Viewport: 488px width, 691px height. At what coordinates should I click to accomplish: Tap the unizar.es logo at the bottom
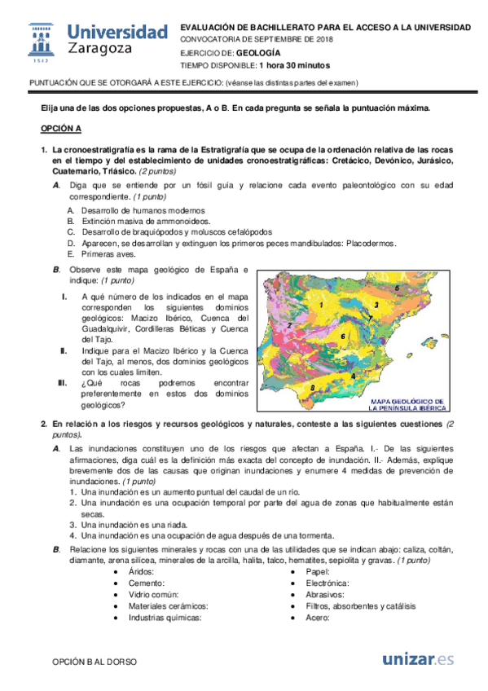click(x=418, y=659)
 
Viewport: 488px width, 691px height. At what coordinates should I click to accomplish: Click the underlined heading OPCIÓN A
click(x=61, y=129)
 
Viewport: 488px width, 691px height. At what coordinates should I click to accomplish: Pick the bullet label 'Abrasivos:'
click(x=323, y=595)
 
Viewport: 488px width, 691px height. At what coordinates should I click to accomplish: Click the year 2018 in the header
click(x=323, y=38)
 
